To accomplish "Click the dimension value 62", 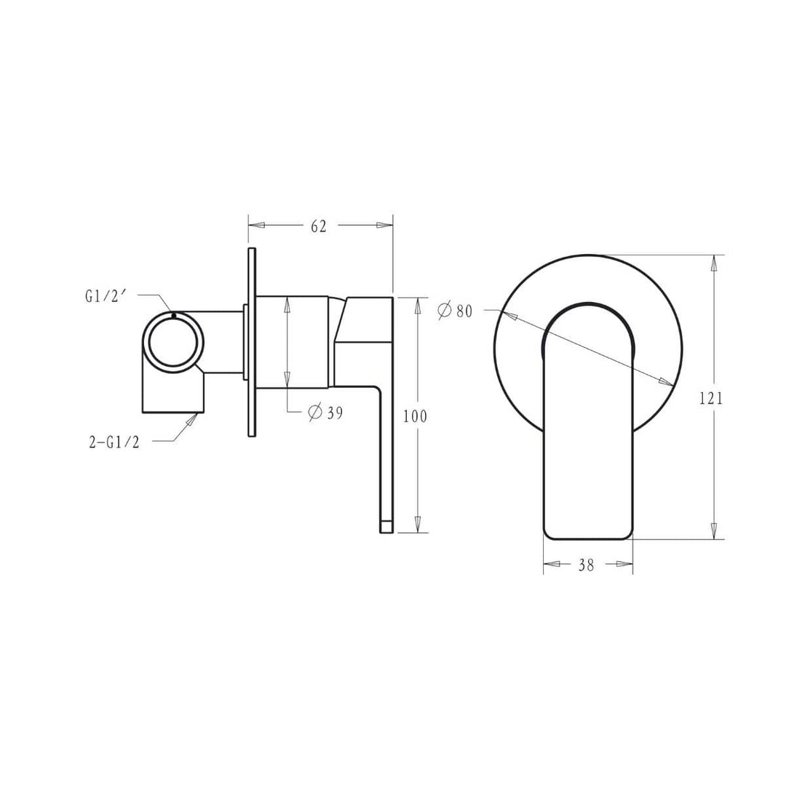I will pyautogui.click(x=319, y=226).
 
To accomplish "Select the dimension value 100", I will pyautogui.click(x=415, y=416).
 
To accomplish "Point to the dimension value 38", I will pyautogui.click(x=587, y=565).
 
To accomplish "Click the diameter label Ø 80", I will pyautogui.click(x=456, y=311).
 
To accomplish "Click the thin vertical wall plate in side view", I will pyautogui.click(x=252, y=342).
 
